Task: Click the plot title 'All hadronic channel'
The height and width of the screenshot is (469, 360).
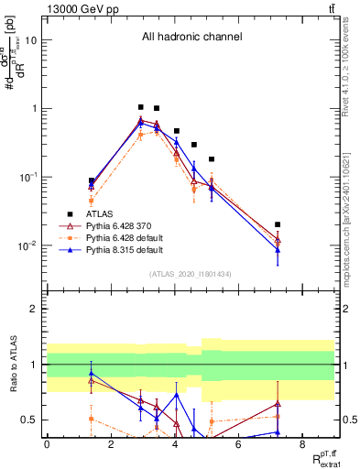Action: click(191, 38)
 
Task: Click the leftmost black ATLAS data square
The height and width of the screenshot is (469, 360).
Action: click(91, 181)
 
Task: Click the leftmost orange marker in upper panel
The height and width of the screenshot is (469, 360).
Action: click(91, 201)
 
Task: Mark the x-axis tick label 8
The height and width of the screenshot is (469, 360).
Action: click(302, 444)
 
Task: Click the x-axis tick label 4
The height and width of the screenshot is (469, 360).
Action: click(174, 444)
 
